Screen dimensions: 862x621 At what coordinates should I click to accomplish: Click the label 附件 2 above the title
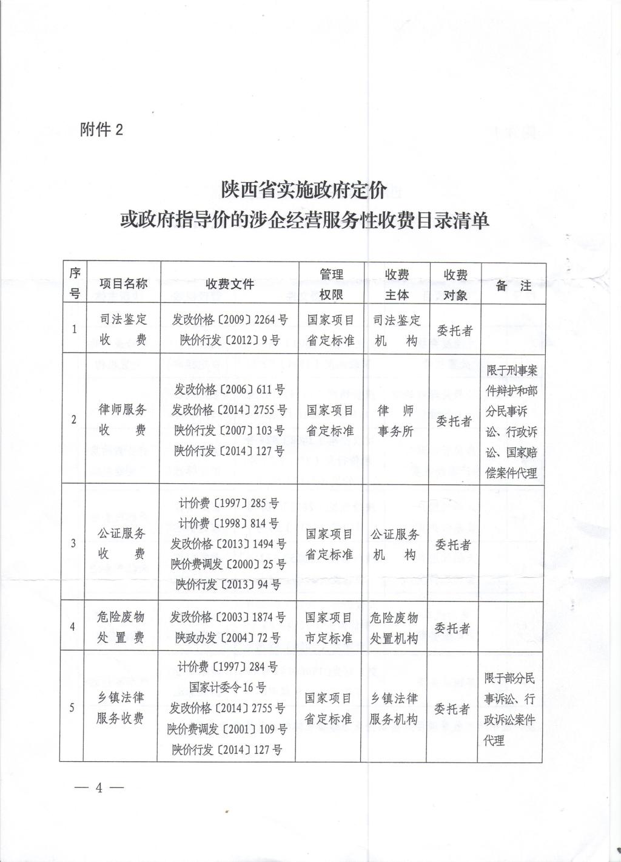[x=101, y=129]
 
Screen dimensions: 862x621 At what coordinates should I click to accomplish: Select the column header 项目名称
[x=123, y=283]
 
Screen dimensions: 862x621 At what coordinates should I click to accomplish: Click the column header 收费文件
[x=229, y=283]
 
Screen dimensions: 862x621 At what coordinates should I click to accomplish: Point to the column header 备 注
[x=513, y=285]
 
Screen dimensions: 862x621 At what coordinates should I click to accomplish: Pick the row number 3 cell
[x=73, y=543]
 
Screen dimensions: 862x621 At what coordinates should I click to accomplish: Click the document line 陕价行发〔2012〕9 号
[x=229, y=340]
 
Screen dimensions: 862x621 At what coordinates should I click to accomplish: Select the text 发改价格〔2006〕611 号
[x=229, y=390]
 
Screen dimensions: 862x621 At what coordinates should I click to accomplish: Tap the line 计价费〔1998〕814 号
[x=229, y=523]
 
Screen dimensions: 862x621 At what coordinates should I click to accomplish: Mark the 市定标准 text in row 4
[x=329, y=638]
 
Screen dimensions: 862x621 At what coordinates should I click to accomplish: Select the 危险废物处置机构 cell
[x=394, y=628]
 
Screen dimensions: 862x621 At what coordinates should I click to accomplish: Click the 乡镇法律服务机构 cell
[x=394, y=708]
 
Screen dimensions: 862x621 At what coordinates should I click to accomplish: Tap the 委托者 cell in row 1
[x=454, y=331]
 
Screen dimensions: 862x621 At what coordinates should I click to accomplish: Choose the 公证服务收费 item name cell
[x=123, y=543]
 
